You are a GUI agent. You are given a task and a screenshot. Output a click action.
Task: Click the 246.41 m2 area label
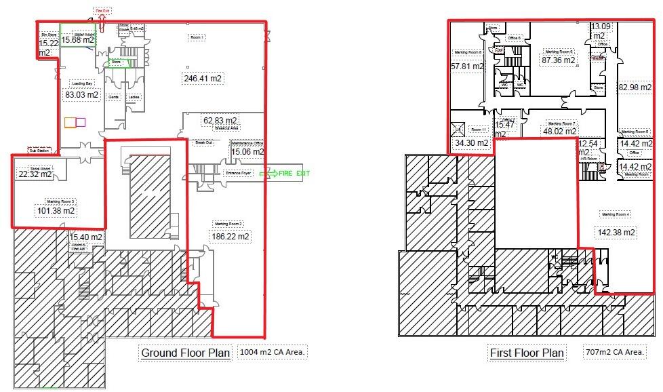(203, 79)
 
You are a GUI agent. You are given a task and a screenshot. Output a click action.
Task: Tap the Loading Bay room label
(82, 83)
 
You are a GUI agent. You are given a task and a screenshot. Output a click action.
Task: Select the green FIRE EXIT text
(294, 174)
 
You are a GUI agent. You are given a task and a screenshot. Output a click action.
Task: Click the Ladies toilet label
(134, 97)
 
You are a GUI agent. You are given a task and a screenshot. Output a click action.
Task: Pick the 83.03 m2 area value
(82, 95)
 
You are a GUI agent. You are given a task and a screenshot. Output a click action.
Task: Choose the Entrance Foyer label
(238, 174)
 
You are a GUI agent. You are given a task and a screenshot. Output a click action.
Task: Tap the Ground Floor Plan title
(186, 353)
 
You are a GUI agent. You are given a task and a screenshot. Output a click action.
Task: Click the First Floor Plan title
(527, 353)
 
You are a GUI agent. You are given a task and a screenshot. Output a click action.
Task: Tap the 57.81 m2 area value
(468, 66)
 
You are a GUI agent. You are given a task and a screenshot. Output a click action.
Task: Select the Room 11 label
(479, 130)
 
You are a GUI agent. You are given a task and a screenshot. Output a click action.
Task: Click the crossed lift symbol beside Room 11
(458, 128)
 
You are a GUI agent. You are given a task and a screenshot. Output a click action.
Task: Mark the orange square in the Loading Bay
(69, 122)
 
